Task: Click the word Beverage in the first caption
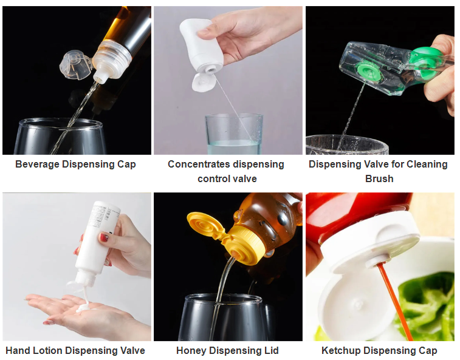(x=37, y=165)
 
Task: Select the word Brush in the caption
(x=379, y=178)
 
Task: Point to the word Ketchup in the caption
(x=342, y=351)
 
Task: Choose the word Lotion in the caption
(x=47, y=351)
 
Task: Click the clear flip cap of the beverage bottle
(x=75, y=65)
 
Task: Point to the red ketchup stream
(x=394, y=301)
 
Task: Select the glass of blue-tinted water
(x=234, y=134)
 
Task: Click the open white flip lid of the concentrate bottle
(x=203, y=83)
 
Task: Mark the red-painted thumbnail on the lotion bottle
(x=104, y=237)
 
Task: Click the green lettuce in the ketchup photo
(x=428, y=305)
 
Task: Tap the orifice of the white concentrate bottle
(x=210, y=70)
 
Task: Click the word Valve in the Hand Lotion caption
(x=132, y=351)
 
